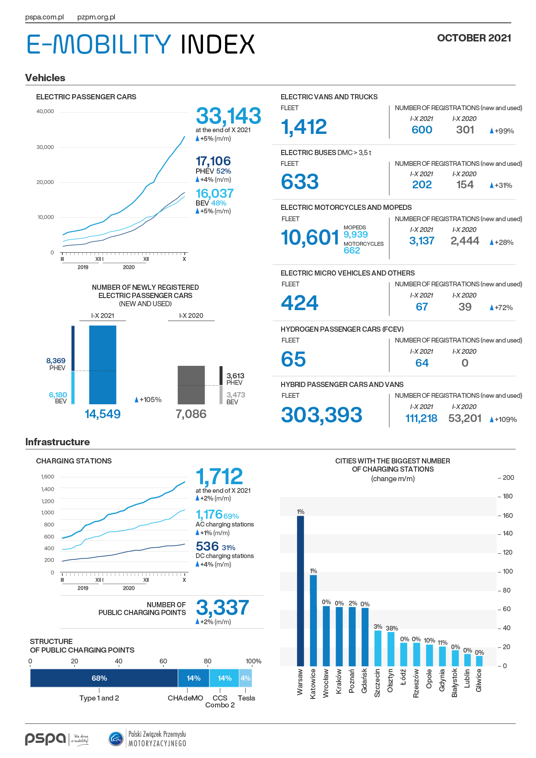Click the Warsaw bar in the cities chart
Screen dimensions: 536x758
coord(300,591)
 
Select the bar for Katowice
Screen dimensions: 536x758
coord(313,620)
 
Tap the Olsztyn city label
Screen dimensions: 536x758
coord(390,681)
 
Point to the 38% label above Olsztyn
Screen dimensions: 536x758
coord(392,628)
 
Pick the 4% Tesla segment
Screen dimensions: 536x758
coord(245,678)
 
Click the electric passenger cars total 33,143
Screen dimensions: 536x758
coord(228,116)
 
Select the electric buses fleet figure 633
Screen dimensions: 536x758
coord(300,181)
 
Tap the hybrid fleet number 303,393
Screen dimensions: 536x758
coord(322,415)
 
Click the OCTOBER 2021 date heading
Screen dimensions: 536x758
coord(474,38)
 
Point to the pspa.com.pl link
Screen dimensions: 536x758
coord(44,17)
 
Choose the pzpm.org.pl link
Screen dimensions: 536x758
coord(96,17)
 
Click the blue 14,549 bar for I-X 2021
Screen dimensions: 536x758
coord(103,365)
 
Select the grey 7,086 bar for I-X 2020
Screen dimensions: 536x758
coord(191,385)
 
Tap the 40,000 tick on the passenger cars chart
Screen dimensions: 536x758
coord(45,111)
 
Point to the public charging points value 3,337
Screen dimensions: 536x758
coord(222,608)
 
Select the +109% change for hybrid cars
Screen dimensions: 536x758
coord(504,419)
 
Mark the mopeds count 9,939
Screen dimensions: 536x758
coord(356,235)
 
